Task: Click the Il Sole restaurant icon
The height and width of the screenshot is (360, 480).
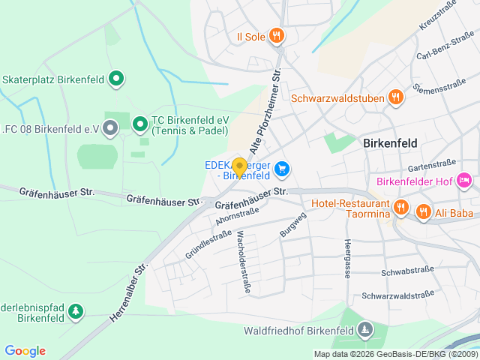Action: [x=277, y=35]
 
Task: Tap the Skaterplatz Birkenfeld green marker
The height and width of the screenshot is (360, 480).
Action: [x=116, y=77]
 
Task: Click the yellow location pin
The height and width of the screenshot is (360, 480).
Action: [x=239, y=166]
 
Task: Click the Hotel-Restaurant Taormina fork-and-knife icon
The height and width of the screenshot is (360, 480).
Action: [x=401, y=208]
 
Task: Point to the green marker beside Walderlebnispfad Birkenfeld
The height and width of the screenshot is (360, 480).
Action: [x=77, y=310]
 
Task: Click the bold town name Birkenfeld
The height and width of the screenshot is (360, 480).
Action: [x=390, y=142]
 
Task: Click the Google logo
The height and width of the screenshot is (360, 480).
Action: [x=25, y=351]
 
